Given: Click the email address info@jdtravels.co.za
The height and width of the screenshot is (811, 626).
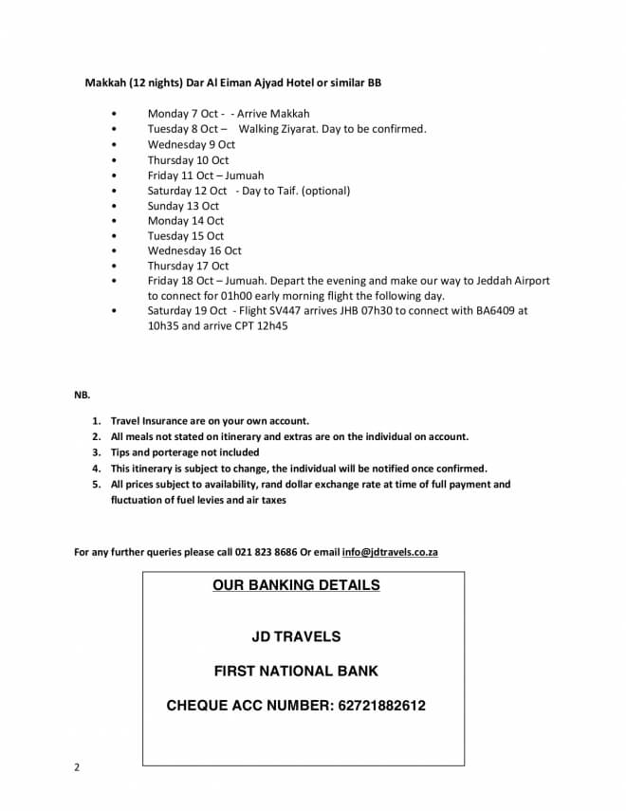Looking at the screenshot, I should point(390,552).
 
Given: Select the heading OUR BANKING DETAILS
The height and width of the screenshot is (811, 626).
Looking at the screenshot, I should point(296,585).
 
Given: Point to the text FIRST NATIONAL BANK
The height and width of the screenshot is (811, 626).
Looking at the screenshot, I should point(296,671).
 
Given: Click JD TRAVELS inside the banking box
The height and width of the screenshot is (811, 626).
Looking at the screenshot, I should point(296,636).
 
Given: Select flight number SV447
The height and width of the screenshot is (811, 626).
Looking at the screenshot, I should point(290,310).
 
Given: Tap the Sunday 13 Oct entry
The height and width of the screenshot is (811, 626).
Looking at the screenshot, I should point(183,205).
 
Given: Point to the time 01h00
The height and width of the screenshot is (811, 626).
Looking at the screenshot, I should point(220,296).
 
